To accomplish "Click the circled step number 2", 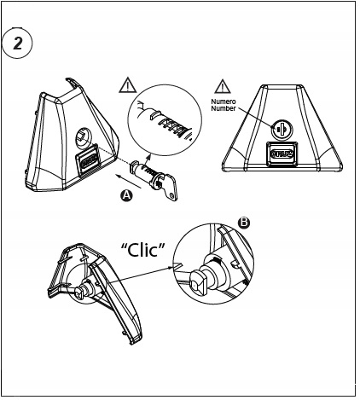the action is point(17,43).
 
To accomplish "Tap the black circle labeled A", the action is point(126,196).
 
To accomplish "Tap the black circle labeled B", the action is point(244,223).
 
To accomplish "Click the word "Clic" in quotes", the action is point(143,250).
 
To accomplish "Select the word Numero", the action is point(224,101).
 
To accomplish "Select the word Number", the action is point(224,108).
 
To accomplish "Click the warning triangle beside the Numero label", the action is point(223,87).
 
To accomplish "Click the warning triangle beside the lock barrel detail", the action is point(128,85).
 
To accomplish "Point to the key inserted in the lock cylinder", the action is point(169,187).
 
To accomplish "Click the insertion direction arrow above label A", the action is point(129,182).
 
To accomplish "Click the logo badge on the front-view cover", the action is point(282,154).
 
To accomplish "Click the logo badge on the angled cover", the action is point(87,160).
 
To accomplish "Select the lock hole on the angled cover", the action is point(83,136).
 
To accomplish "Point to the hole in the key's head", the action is point(171,195).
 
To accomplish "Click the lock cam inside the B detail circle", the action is point(198,281).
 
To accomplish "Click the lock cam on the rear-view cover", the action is point(79,292).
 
